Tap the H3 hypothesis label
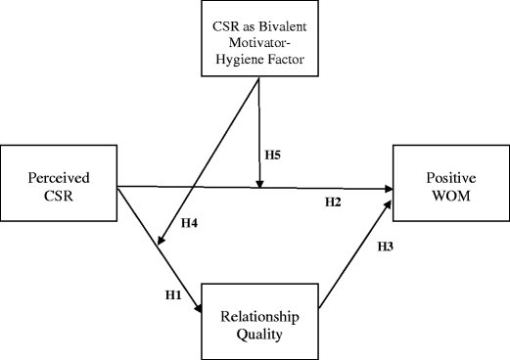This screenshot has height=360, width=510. [x=388, y=249]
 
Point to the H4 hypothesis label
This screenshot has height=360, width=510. [x=192, y=223]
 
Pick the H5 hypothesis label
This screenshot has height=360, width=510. [x=274, y=154]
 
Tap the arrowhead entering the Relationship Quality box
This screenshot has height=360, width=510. [x=199, y=309]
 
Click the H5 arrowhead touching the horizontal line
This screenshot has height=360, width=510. [x=258, y=183]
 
